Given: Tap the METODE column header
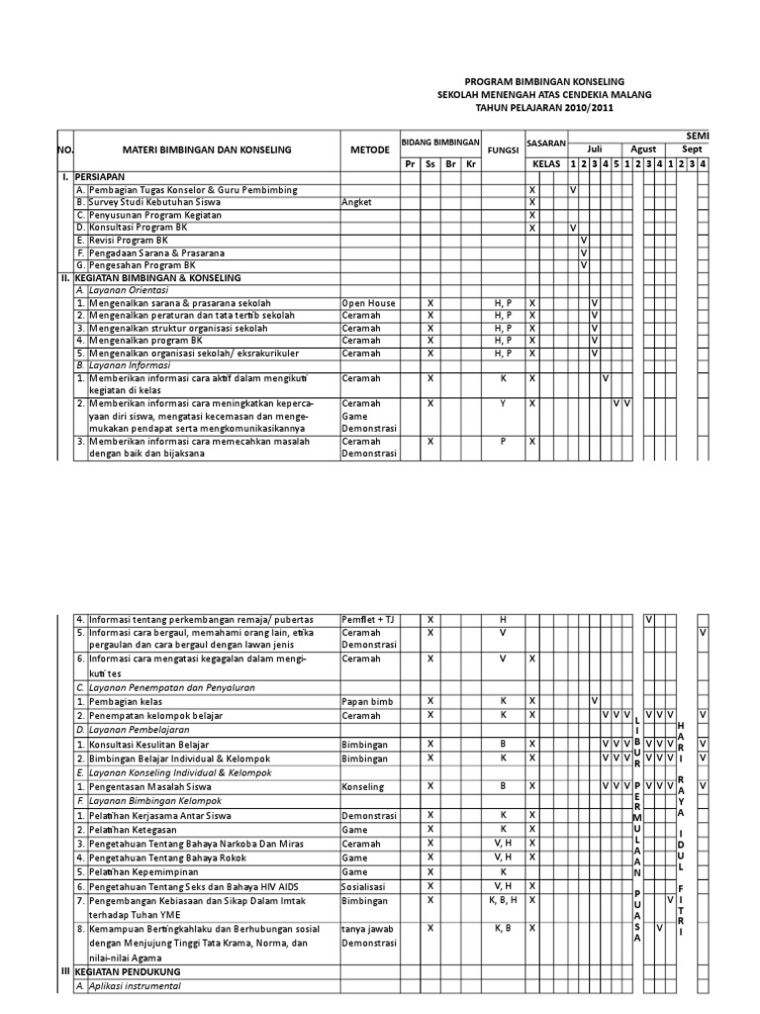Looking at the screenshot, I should tap(369, 150).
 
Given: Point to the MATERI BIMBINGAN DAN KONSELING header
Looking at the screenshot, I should tap(206, 150).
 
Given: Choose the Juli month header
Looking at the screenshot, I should tap(594, 145).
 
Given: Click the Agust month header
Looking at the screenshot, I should tap(643, 145).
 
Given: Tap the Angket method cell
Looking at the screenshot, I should tap(356, 202).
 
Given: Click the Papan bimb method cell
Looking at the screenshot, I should tap(367, 701).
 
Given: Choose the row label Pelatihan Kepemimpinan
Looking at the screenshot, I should tap(144, 871).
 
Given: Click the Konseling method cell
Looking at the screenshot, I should tap(363, 785).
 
